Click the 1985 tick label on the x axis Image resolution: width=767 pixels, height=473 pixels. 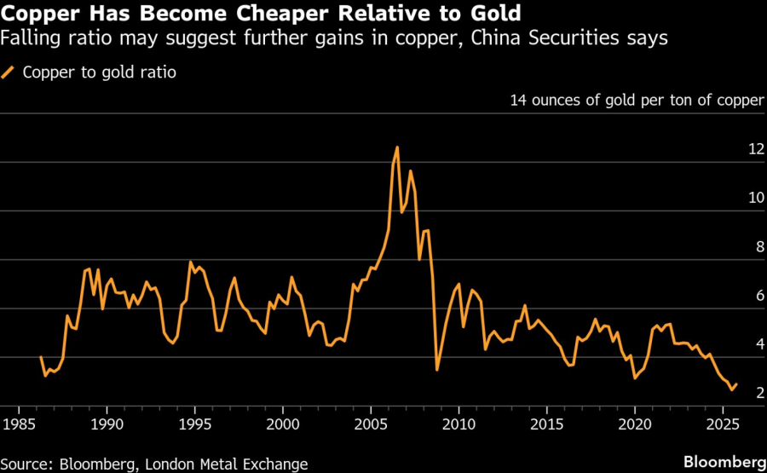click(x=18, y=424)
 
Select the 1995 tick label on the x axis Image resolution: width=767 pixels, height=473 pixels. click(x=194, y=424)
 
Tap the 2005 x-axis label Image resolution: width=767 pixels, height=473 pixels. click(x=371, y=424)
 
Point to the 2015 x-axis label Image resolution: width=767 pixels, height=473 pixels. click(x=546, y=424)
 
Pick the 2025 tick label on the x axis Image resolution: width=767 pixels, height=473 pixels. click(x=723, y=424)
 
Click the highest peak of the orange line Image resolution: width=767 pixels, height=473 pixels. click(x=397, y=147)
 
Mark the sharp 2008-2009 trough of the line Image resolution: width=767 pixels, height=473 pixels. click(x=437, y=369)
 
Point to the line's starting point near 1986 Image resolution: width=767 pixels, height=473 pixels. click(x=41, y=357)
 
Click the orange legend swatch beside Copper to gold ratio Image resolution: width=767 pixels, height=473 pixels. click(x=9, y=72)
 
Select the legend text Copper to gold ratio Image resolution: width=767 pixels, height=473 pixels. click(x=99, y=72)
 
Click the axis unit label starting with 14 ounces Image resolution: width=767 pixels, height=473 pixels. click(x=637, y=101)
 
